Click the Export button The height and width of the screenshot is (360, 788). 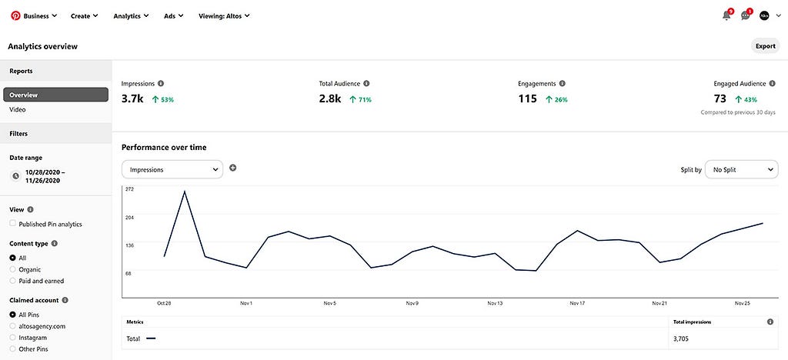(766, 46)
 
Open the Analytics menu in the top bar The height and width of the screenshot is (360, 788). (131, 15)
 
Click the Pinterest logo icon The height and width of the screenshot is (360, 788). (15, 15)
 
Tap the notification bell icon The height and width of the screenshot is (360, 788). (726, 15)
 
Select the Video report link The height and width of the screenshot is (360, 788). (18, 109)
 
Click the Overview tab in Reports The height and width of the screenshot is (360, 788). (55, 95)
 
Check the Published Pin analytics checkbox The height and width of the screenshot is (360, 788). (13, 224)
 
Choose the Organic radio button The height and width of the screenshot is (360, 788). (13, 270)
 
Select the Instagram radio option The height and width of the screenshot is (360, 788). (13, 338)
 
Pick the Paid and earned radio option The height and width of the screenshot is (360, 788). (13, 282)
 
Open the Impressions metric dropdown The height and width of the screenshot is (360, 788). (172, 170)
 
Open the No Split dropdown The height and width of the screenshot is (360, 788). (741, 170)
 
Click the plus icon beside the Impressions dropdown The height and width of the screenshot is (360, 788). (232, 168)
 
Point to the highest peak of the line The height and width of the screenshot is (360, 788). (185, 192)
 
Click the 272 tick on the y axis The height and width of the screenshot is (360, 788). (129, 189)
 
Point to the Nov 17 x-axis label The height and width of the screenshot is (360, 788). (577, 303)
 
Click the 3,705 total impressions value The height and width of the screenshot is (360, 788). (681, 339)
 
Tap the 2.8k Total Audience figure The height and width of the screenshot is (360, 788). (330, 99)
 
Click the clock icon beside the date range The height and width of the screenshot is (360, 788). (15, 176)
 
